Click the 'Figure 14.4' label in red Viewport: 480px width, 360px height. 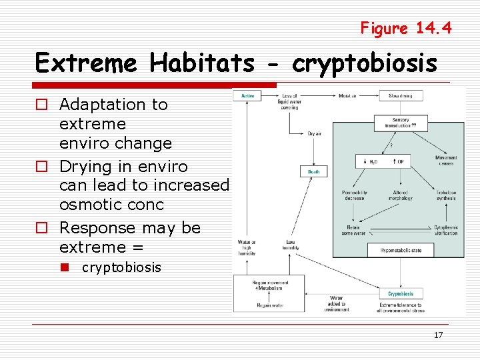tap(405, 28)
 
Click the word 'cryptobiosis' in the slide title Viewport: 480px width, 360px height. tap(365, 64)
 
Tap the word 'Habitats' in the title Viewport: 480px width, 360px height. tap(202, 64)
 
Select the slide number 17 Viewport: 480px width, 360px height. tap(438, 335)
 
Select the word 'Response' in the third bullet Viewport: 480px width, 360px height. tap(93, 228)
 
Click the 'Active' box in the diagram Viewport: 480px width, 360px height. tap(247, 95)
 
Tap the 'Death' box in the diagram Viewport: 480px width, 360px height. tap(313, 171)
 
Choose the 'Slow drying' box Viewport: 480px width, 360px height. tap(401, 95)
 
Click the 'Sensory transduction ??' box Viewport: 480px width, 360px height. tap(400, 123)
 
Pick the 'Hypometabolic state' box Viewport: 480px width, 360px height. tap(400, 250)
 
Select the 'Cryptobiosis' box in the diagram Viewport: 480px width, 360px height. tap(401, 293)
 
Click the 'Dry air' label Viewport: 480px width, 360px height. tap(314, 133)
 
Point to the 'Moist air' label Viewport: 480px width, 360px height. tap(347, 95)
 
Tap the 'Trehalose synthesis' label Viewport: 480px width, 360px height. tap(446, 195)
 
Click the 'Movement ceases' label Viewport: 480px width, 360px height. tap(446, 160)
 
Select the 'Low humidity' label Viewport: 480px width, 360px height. tap(291, 244)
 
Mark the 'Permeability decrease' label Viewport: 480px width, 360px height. tap(354, 195)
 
